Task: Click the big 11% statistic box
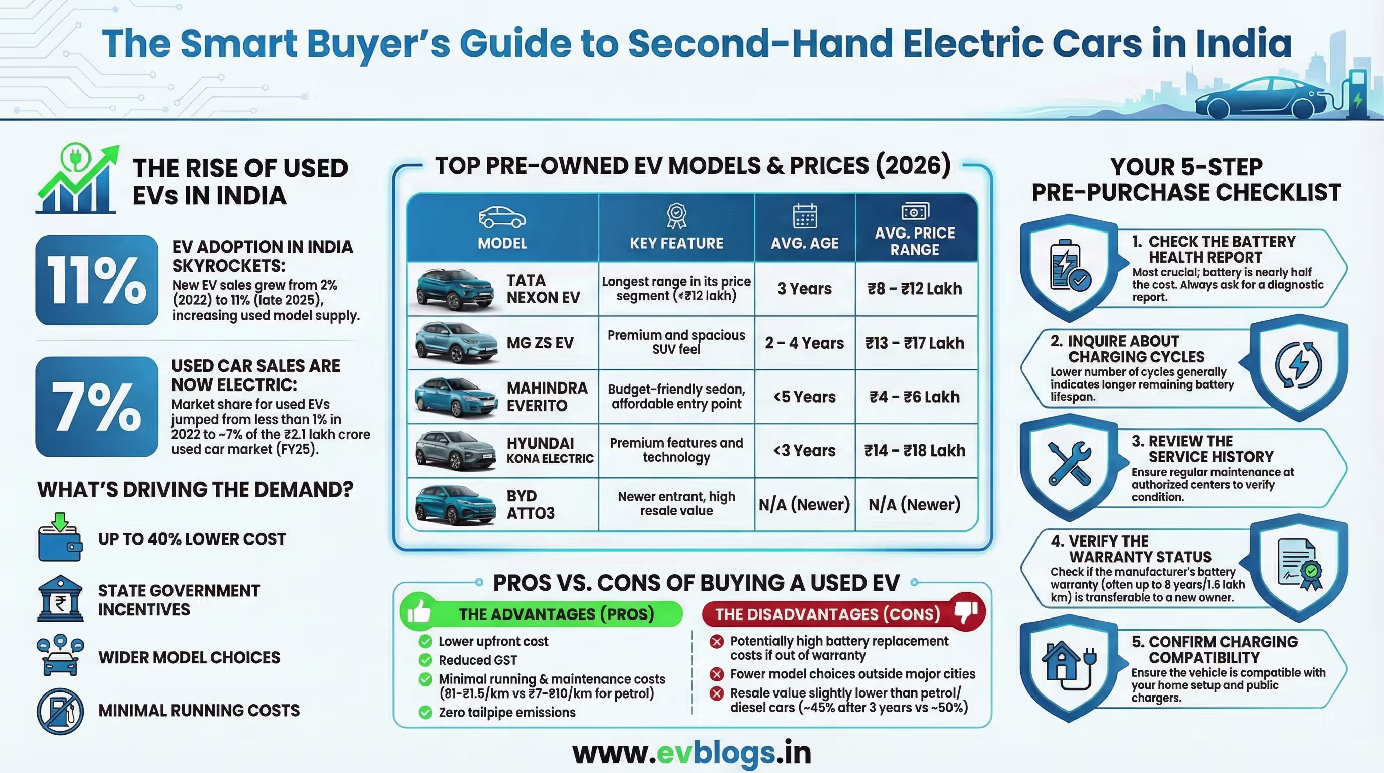click(97, 279)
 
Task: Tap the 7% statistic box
click(97, 407)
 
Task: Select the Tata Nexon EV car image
click(455, 290)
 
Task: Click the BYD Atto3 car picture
click(455, 505)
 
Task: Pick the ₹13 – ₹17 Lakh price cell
click(914, 343)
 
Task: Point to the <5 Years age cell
click(804, 397)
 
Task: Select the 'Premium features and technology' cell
click(676, 450)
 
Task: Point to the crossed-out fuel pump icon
click(60, 711)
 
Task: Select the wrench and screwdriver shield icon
click(1069, 463)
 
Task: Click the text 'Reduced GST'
click(478, 660)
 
